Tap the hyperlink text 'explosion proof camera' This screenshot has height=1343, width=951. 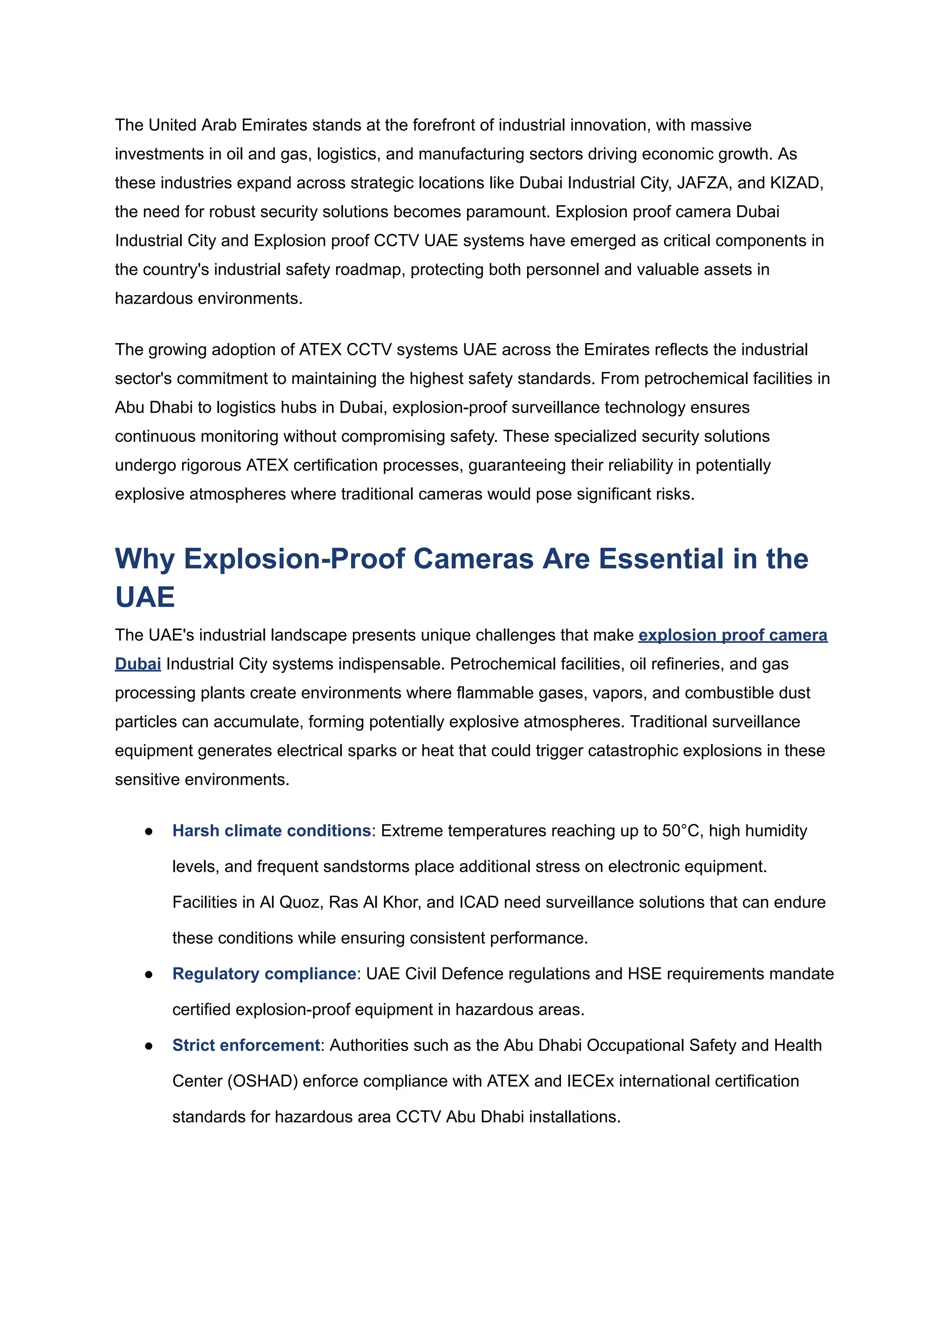click(733, 635)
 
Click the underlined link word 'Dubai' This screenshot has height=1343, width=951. click(137, 664)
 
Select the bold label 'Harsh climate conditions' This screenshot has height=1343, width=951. click(271, 831)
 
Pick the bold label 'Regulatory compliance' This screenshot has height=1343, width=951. click(264, 973)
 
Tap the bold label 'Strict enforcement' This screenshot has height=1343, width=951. click(246, 1045)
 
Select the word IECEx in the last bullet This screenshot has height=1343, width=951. click(590, 1081)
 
